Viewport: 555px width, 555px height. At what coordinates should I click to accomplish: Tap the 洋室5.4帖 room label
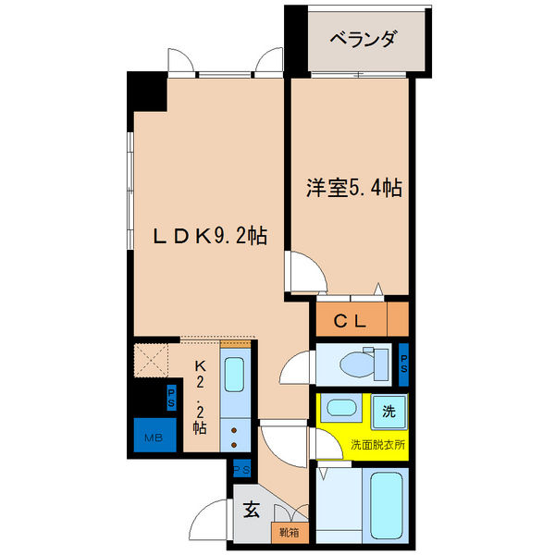tap(354, 189)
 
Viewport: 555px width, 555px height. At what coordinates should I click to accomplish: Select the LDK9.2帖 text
tap(210, 237)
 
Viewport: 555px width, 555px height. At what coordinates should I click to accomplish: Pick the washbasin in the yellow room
tap(341, 408)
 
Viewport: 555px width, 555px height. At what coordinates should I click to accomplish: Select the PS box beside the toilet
tap(404, 362)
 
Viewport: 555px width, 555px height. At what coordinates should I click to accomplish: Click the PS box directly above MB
tap(171, 397)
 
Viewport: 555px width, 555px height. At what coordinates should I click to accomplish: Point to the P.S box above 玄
tap(242, 470)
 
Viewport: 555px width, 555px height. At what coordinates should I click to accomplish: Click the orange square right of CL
tap(398, 322)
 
